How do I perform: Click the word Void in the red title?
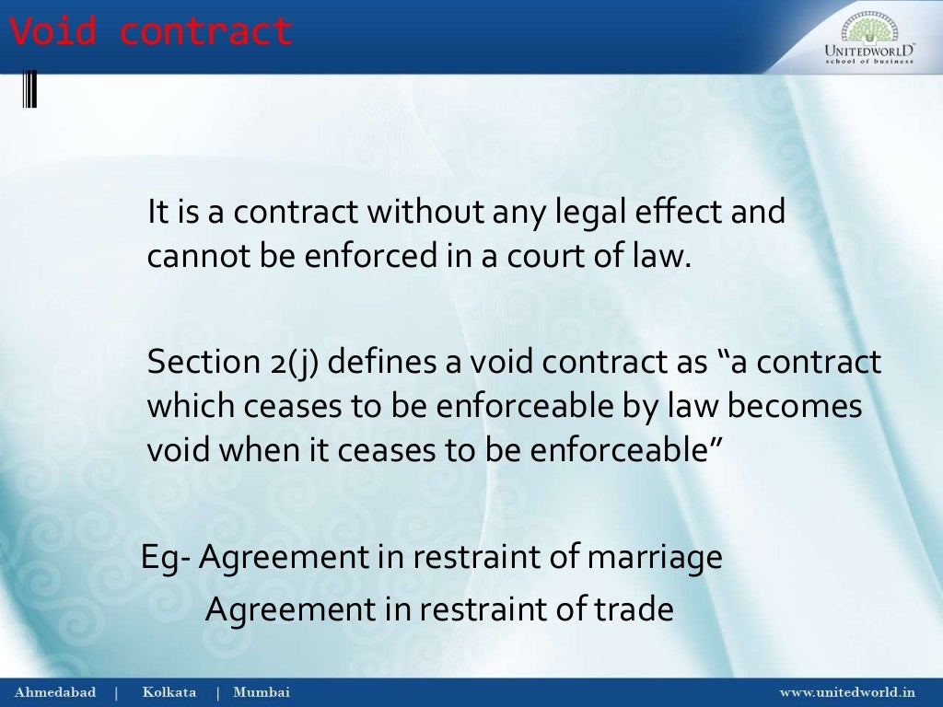point(53,31)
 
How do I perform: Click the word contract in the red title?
point(205,31)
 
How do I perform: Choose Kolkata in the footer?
point(169,692)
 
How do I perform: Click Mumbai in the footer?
point(261,692)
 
